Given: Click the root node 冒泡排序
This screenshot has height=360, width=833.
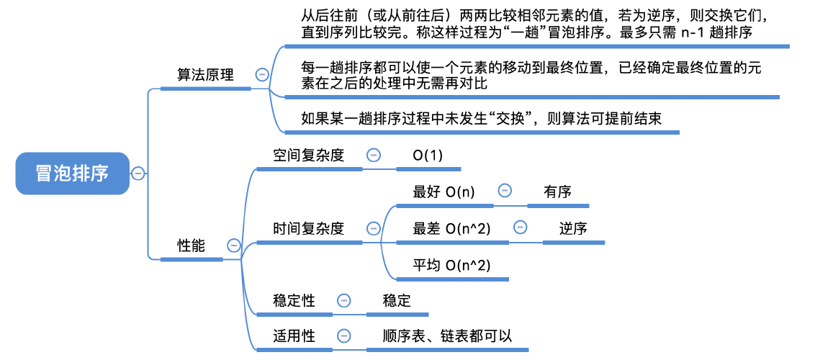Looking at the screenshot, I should click(x=72, y=174).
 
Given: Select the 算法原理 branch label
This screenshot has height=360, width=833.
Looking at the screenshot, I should click(x=205, y=75).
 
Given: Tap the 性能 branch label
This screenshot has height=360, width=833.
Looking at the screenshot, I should click(x=191, y=246).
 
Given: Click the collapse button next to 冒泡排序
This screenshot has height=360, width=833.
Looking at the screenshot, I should click(x=138, y=174).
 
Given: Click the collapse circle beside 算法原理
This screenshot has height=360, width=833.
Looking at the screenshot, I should click(x=262, y=74).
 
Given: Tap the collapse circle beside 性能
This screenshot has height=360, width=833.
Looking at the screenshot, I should click(x=233, y=246).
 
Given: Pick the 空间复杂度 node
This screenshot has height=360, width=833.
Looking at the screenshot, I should click(x=308, y=155).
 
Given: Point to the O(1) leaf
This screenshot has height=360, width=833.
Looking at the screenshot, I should click(x=428, y=156).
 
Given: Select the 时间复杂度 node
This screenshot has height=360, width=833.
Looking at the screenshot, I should click(x=308, y=229).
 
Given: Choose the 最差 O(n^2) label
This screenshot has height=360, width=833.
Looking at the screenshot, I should click(x=451, y=229).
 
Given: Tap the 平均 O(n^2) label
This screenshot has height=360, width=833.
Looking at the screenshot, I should click(x=451, y=266).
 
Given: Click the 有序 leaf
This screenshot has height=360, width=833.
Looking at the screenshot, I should click(x=558, y=192).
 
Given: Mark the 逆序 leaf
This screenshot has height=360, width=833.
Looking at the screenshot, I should click(x=573, y=229).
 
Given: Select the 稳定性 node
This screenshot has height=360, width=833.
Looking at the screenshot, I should click(x=294, y=301).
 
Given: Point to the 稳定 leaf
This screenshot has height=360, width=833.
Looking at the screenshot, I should click(x=397, y=301).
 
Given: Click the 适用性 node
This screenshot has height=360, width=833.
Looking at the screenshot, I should click(x=294, y=336).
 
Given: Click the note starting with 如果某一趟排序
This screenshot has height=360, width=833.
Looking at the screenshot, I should click(x=481, y=118).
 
